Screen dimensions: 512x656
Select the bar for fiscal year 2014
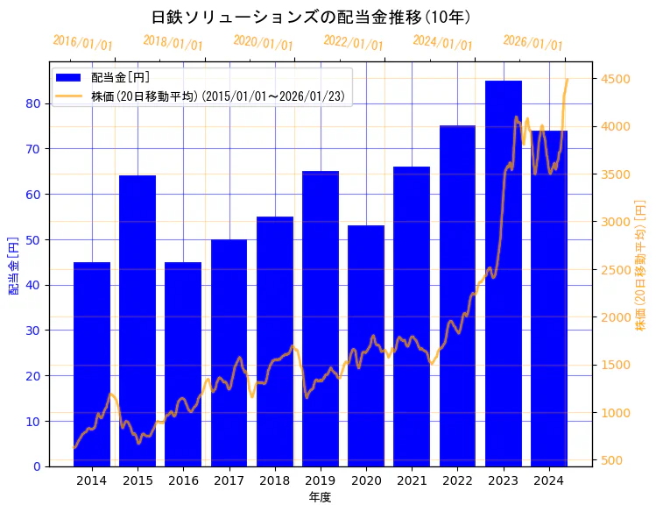click(x=92, y=364)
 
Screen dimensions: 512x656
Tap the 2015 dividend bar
click(x=138, y=321)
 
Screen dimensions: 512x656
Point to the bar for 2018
click(x=274, y=341)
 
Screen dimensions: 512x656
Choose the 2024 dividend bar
click(x=549, y=298)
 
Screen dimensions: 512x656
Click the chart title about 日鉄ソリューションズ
click(x=311, y=18)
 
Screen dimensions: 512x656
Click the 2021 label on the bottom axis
click(x=412, y=480)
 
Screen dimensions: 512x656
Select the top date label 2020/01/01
click(x=263, y=43)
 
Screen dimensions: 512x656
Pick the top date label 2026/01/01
click(x=533, y=43)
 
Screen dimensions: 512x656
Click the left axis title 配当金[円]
click(x=13, y=265)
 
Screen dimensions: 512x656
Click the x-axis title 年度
click(x=320, y=497)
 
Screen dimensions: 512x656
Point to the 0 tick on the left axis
click(x=37, y=466)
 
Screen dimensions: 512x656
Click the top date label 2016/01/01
click(x=82, y=43)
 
